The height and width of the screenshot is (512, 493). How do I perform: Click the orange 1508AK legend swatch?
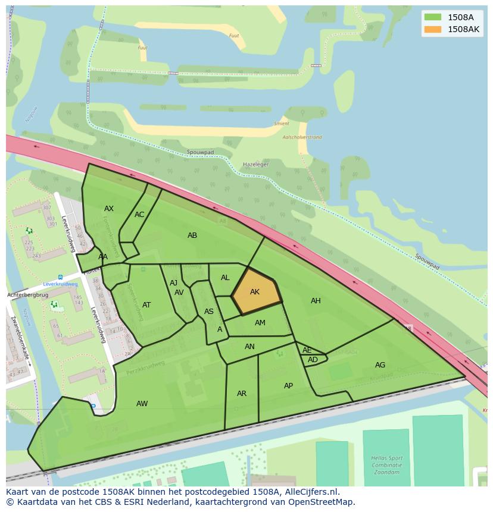433,29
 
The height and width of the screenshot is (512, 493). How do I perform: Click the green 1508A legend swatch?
433,17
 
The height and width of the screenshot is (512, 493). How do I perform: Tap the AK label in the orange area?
255,292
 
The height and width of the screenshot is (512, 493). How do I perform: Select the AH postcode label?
316,301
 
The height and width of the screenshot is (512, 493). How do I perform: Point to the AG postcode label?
380,365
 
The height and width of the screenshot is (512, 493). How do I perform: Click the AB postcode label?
192,235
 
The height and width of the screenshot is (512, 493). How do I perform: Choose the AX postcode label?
109,209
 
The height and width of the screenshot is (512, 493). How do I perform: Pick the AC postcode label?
139,215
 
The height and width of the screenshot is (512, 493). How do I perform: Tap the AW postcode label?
142,404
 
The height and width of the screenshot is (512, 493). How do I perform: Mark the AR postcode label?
242,394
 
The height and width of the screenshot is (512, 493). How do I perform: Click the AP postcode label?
288,386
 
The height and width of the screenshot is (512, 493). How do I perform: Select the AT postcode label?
146,305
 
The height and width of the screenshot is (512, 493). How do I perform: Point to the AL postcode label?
225,278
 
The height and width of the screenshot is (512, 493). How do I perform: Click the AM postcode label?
260,323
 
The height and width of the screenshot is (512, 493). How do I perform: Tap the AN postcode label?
249,347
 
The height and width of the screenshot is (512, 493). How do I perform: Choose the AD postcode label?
313,360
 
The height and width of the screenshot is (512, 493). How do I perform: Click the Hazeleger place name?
256,164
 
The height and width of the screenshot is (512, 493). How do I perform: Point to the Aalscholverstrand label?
302,137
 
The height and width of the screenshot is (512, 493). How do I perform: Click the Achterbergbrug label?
27,295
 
